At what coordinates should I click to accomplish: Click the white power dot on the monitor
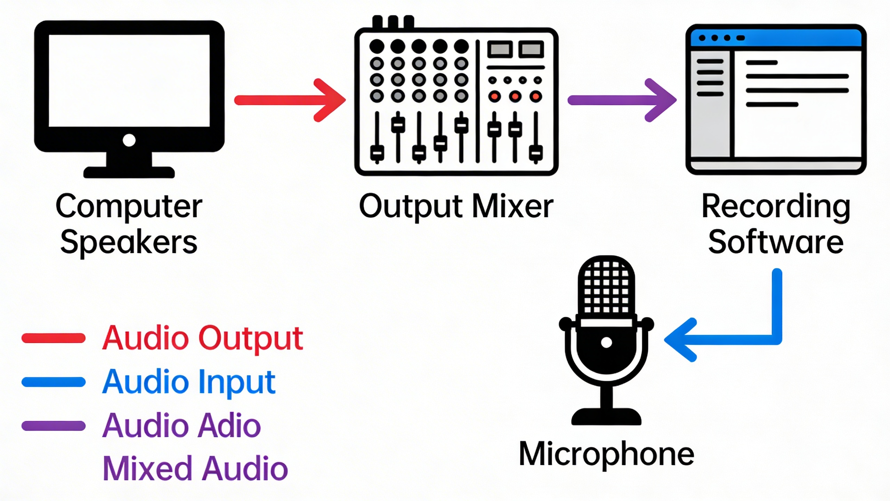click(129, 141)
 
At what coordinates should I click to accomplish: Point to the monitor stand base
click(129, 172)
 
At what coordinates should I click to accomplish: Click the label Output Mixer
click(456, 206)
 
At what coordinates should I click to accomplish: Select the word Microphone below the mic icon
click(606, 454)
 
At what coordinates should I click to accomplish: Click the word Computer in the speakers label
click(129, 206)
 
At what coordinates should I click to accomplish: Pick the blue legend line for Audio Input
click(54, 382)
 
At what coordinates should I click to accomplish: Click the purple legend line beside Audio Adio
click(54, 426)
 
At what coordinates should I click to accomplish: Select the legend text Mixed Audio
click(195, 469)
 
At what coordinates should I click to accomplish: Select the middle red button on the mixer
click(515, 96)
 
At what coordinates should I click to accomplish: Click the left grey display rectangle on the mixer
click(500, 49)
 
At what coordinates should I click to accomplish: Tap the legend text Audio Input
click(189, 382)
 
